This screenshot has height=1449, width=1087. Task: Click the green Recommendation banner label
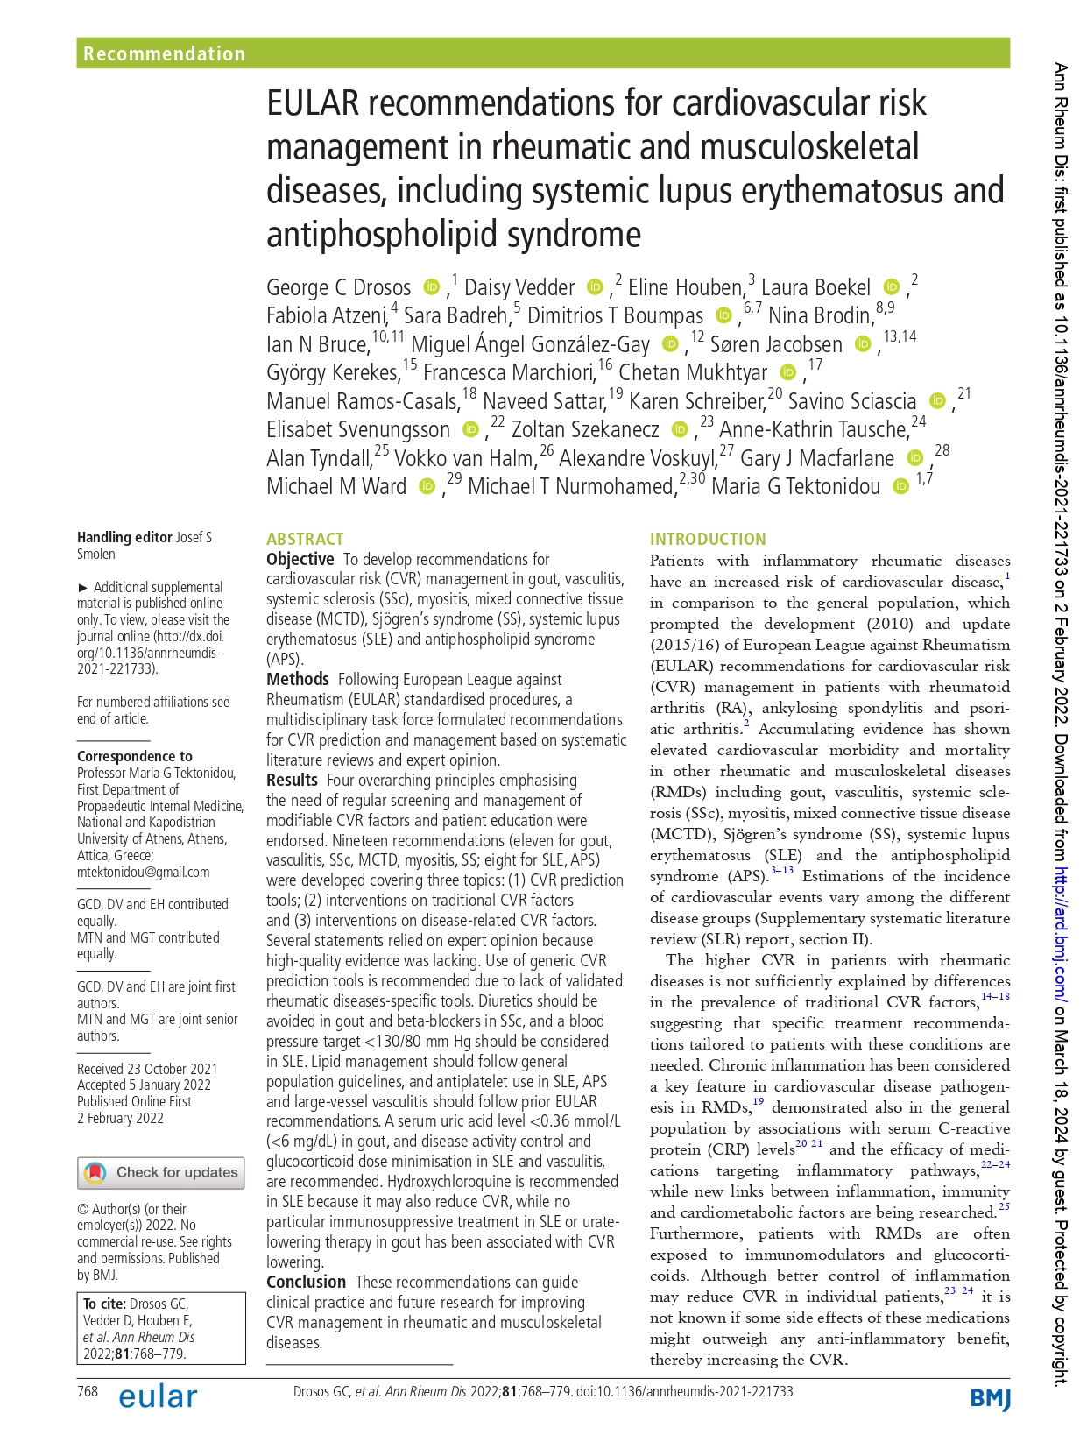(x=164, y=53)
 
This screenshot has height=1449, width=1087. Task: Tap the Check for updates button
(x=161, y=1172)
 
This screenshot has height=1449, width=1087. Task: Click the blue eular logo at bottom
(x=158, y=1396)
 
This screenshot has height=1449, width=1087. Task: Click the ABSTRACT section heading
(x=305, y=539)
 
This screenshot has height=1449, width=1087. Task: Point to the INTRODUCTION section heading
(x=707, y=539)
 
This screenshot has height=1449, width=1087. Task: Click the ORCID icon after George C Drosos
(x=431, y=287)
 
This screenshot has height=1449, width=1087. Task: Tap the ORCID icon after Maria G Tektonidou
(x=900, y=487)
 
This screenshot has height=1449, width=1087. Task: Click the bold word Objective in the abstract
(x=300, y=559)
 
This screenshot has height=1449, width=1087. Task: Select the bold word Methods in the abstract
(x=297, y=679)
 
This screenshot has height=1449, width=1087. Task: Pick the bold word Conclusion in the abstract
(x=306, y=1282)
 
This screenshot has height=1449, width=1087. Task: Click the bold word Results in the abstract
(x=292, y=780)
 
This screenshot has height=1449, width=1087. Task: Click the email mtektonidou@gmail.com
(x=143, y=872)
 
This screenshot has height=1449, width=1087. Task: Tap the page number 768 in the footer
(x=88, y=1391)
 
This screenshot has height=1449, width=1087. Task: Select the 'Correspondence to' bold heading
(x=134, y=756)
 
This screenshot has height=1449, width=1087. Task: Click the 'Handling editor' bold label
(x=124, y=537)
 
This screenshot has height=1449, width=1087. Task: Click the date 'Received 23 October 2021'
(x=147, y=1069)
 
